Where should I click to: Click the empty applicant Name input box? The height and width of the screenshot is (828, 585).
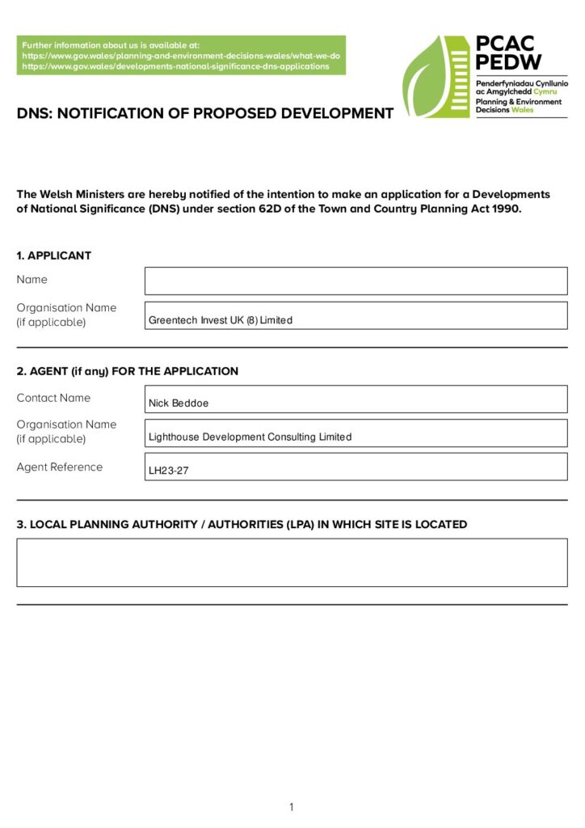click(356, 281)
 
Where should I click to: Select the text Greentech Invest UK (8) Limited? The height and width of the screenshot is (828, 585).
click(221, 320)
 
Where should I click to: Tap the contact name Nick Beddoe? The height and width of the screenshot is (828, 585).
click(179, 403)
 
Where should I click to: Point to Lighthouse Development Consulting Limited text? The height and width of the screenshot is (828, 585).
click(250, 437)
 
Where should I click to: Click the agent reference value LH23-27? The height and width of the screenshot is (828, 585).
click(169, 471)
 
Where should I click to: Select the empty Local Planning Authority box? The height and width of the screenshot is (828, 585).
click(292, 562)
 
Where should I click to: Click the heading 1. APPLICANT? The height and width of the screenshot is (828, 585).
click(54, 256)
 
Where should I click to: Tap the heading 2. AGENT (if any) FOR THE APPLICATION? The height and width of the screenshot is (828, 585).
click(128, 372)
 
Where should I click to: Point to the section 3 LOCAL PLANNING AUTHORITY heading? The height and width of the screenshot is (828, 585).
click(242, 524)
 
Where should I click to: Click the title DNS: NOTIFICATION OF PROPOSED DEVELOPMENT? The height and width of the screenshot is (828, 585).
click(205, 113)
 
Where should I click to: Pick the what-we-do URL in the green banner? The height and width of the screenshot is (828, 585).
click(181, 56)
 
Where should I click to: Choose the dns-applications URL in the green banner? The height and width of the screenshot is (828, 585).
click(175, 66)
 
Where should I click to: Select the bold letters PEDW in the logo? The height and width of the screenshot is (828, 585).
click(509, 62)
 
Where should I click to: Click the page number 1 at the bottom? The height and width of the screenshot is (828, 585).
click(292, 807)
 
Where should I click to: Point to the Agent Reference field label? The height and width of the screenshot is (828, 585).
click(60, 467)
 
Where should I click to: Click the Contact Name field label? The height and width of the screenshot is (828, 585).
click(53, 398)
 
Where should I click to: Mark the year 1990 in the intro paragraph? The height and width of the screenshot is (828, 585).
click(505, 209)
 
